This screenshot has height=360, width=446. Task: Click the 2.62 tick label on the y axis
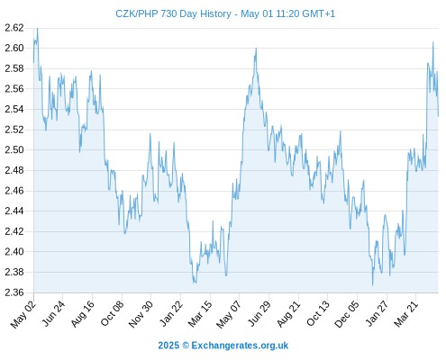pyautogui.click(x=14, y=28)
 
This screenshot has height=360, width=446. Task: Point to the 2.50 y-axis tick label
pyautogui.click(x=14, y=149)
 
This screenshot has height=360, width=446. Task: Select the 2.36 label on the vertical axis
pyautogui.click(x=14, y=292)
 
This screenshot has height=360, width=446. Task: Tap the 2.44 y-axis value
pyautogui.click(x=14, y=211)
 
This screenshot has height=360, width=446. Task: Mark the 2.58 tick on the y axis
pyautogui.click(x=14, y=68)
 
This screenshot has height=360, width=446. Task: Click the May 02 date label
pyautogui.click(x=23, y=314)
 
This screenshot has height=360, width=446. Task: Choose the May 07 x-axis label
pyautogui.click(x=229, y=314)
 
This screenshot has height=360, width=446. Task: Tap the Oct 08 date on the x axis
pyautogui.click(x=112, y=313)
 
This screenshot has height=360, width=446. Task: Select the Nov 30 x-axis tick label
pyautogui.click(x=141, y=314)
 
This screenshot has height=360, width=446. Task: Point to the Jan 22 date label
pyautogui.click(x=171, y=313)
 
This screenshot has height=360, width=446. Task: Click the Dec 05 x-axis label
pyautogui.click(x=347, y=314)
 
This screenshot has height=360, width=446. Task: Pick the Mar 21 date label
pyautogui.click(x=406, y=314)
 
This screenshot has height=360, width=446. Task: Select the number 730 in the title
pyautogui.click(x=169, y=13)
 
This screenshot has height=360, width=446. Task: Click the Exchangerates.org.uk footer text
pyautogui.click(x=240, y=346)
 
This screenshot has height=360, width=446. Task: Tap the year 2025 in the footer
pyautogui.click(x=168, y=346)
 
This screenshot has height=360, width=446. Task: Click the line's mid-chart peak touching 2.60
pyautogui.click(x=256, y=49)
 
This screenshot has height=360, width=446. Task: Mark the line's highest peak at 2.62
pyautogui.click(x=37, y=28)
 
